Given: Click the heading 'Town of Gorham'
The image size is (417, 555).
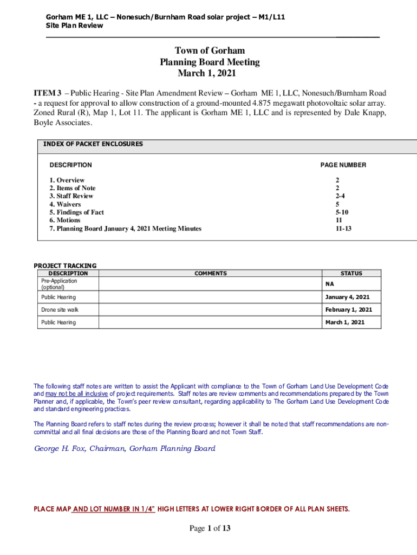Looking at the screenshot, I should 210,51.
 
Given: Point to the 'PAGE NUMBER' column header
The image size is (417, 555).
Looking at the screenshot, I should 343,165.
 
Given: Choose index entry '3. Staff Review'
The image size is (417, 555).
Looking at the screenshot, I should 71,196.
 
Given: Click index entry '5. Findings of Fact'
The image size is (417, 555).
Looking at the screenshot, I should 76,212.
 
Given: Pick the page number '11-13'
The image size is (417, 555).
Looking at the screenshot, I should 343,229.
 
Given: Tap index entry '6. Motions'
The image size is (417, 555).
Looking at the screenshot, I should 65,221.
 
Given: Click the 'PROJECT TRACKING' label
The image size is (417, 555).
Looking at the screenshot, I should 65,266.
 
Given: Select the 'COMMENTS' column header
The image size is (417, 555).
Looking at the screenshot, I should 211,274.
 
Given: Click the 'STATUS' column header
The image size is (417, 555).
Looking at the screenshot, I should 351,274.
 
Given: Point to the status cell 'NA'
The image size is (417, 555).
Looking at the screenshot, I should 329,284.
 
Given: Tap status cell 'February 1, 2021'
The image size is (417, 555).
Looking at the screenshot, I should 348,310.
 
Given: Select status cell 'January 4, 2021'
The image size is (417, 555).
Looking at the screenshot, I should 347,297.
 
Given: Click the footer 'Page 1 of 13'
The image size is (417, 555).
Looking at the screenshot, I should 210,529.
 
